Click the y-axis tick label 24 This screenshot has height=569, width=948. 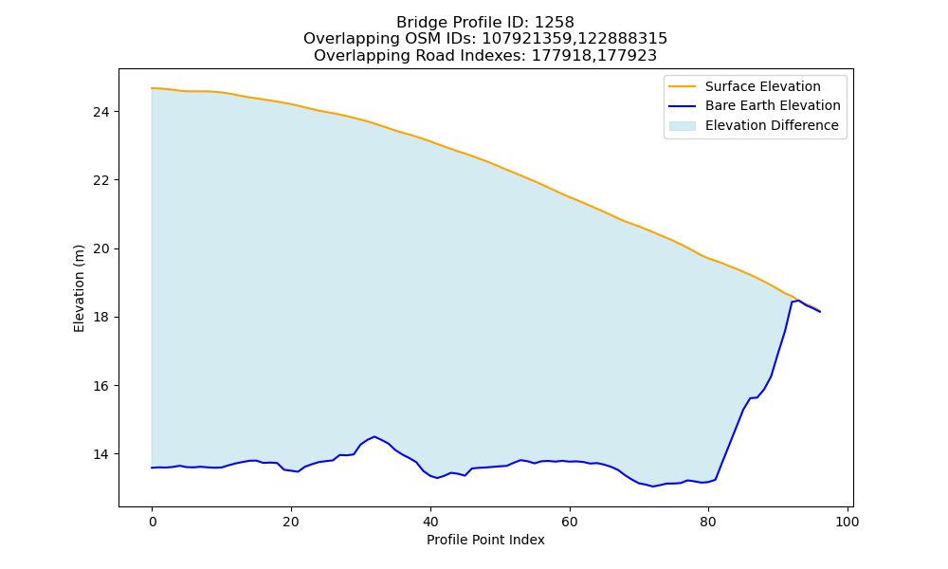click(101, 112)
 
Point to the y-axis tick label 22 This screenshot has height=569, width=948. click(101, 180)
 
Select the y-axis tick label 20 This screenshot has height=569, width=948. click(101, 248)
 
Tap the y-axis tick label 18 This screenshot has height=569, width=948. click(101, 318)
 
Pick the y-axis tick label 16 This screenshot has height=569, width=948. click(101, 386)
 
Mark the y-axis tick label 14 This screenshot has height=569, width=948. click(101, 454)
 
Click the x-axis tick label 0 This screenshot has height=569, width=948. click(153, 522)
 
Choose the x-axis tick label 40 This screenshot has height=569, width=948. click(430, 522)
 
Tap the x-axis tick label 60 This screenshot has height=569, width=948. click(570, 522)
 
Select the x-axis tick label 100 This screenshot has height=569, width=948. click(847, 522)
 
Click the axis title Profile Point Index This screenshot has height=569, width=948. click(485, 540)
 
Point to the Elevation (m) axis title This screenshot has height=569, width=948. click(79, 288)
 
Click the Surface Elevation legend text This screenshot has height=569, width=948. click(763, 86)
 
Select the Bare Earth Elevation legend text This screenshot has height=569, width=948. click(773, 106)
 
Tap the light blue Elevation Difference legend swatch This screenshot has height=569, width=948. click(682, 126)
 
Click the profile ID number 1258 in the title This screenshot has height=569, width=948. click(555, 23)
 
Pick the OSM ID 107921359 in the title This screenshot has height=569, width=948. click(528, 39)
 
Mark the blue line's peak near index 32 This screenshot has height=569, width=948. click(374, 436)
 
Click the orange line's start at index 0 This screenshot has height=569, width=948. click(152, 88)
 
